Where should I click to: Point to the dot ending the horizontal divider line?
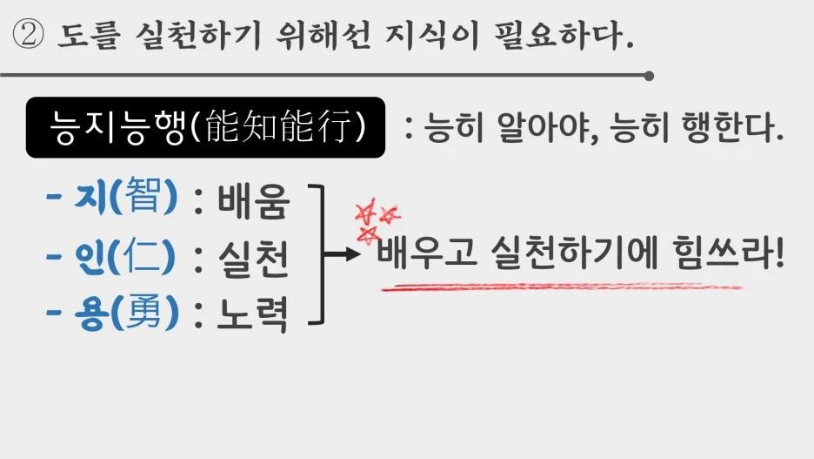[649, 76]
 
